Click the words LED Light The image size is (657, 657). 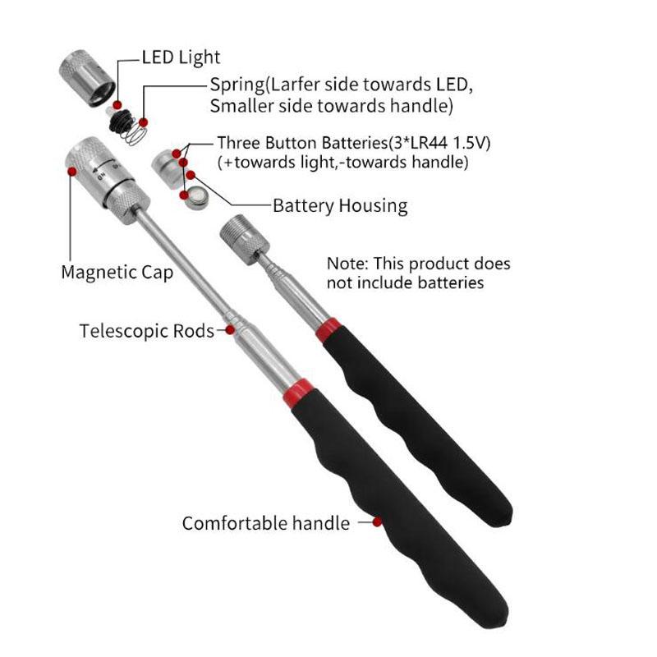click(x=181, y=57)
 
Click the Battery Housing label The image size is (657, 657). click(x=340, y=205)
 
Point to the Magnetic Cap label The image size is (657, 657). click(x=117, y=272)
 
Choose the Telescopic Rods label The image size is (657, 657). click(x=146, y=331)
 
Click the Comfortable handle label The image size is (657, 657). click(x=266, y=523)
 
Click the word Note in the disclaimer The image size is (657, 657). click(x=347, y=264)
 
